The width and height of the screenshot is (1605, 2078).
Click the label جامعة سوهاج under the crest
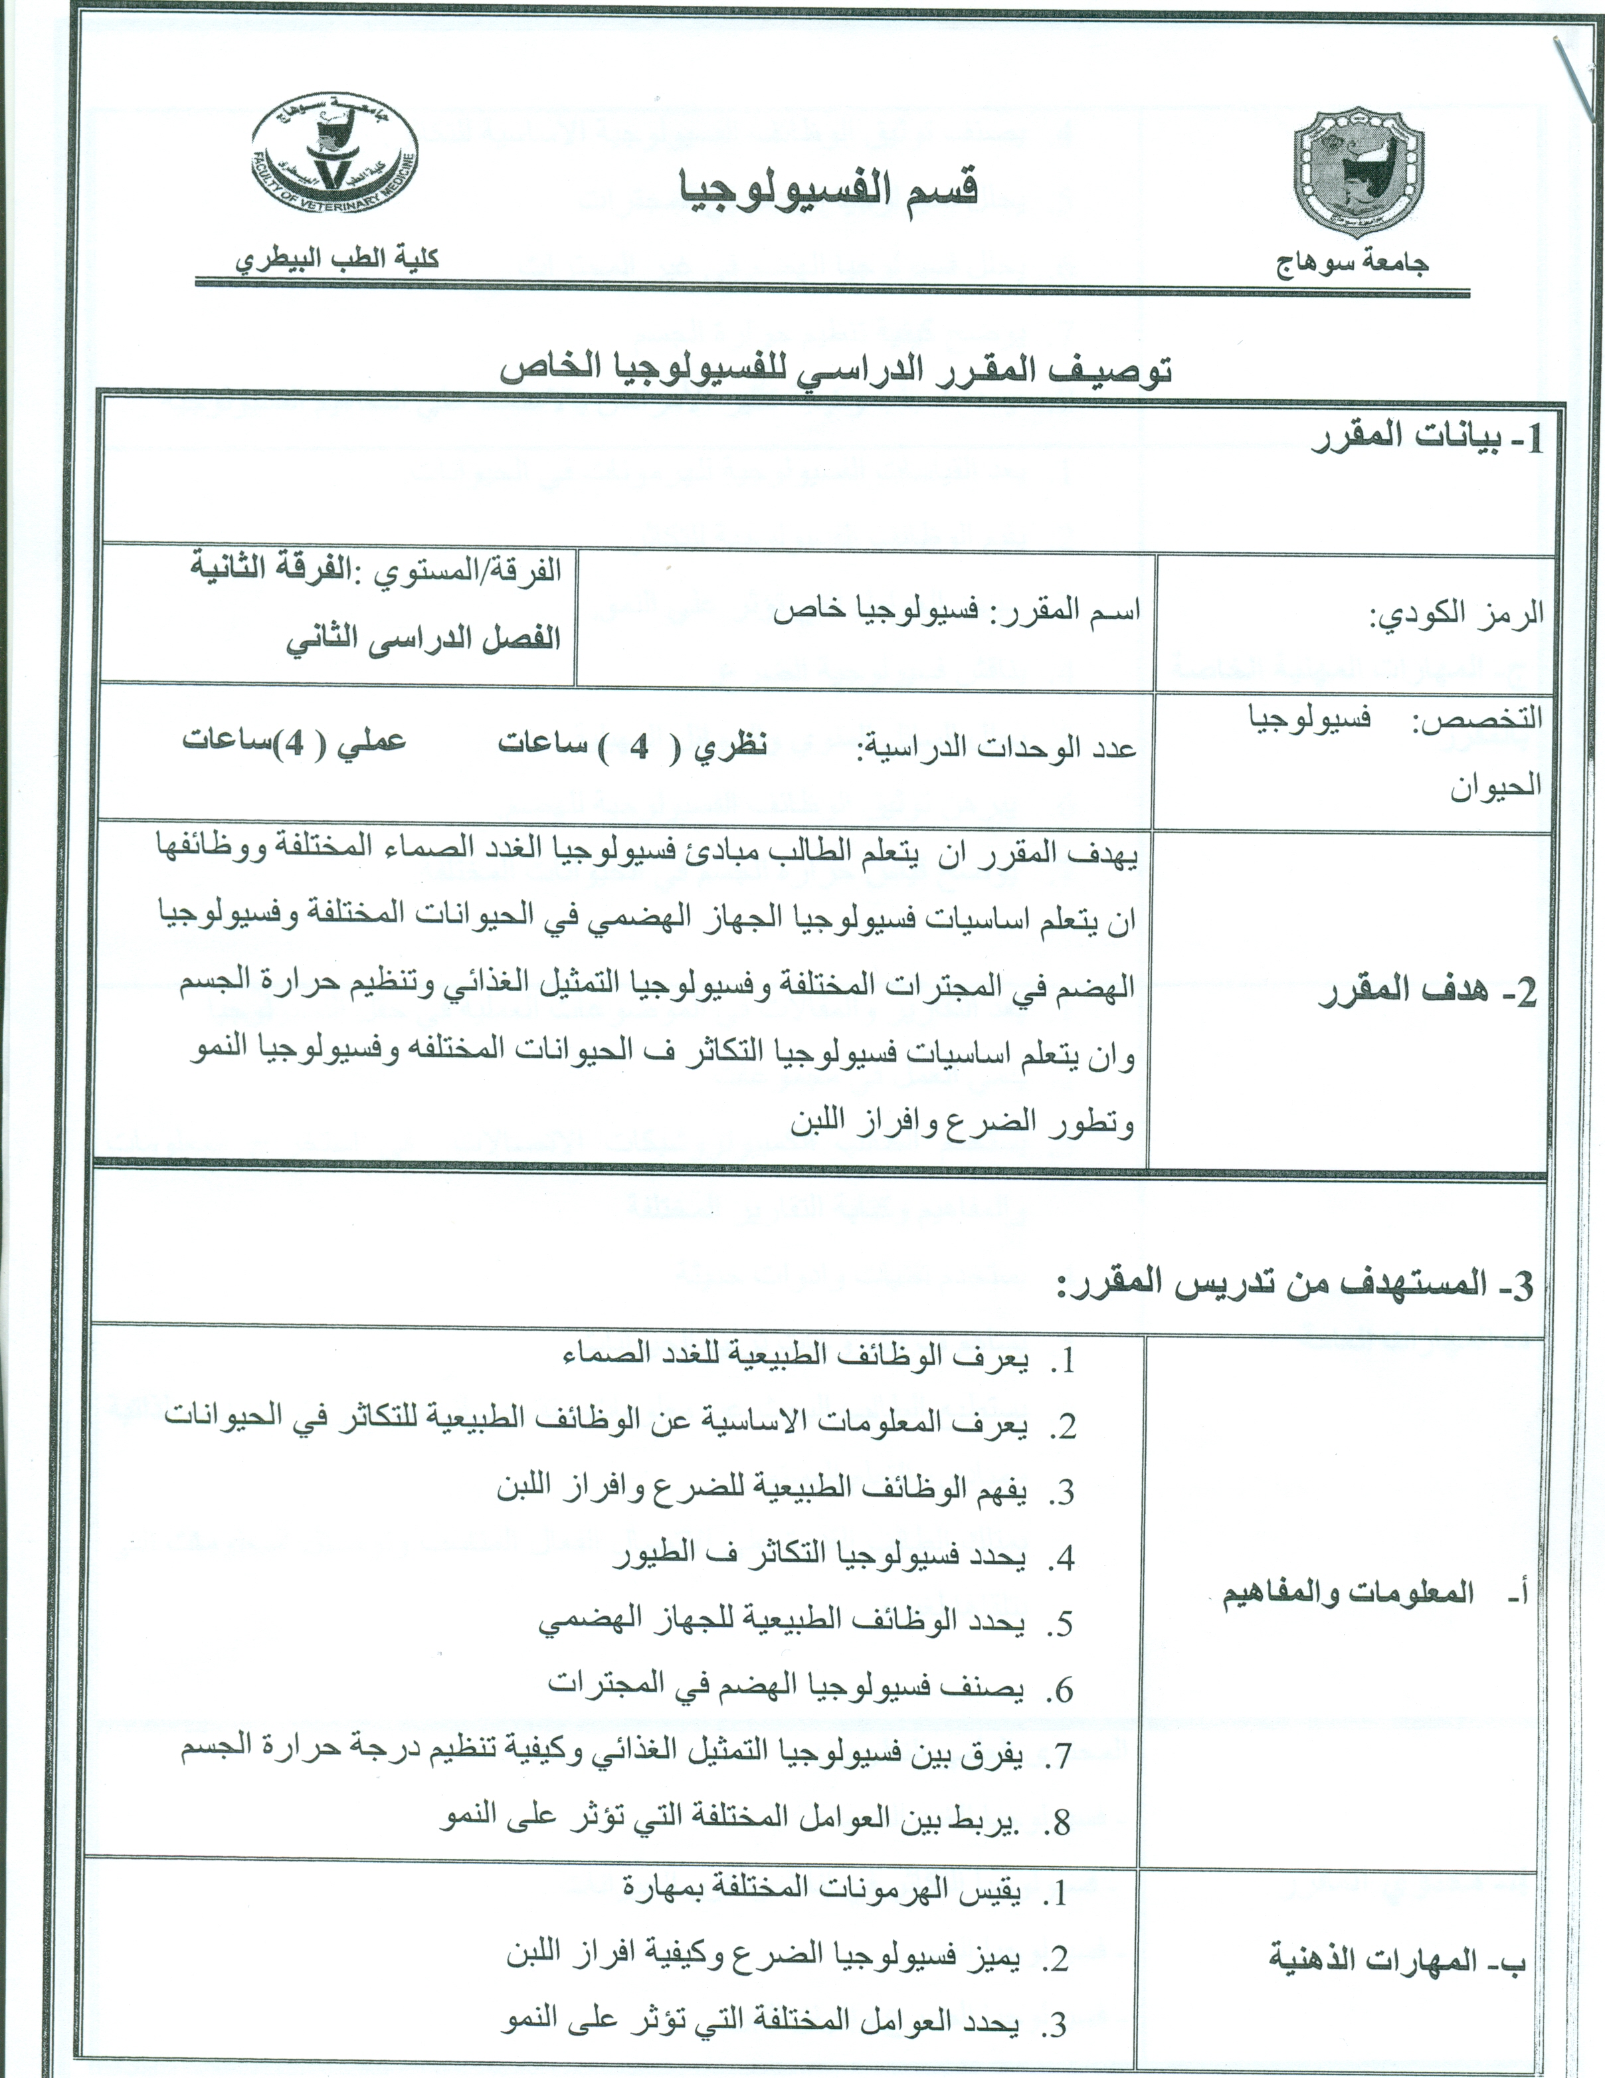click(1352, 262)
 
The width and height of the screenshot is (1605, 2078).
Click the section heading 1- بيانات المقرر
click(1427, 438)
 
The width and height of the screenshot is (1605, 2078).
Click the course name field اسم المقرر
click(956, 610)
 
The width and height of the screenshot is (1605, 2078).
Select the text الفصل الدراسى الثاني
click(423, 639)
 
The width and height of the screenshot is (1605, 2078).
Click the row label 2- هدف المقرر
click(1427, 992)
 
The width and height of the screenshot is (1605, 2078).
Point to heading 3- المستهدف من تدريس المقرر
click(1294, 1285)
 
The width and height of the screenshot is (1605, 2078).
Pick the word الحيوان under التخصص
click(1495, 787)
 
